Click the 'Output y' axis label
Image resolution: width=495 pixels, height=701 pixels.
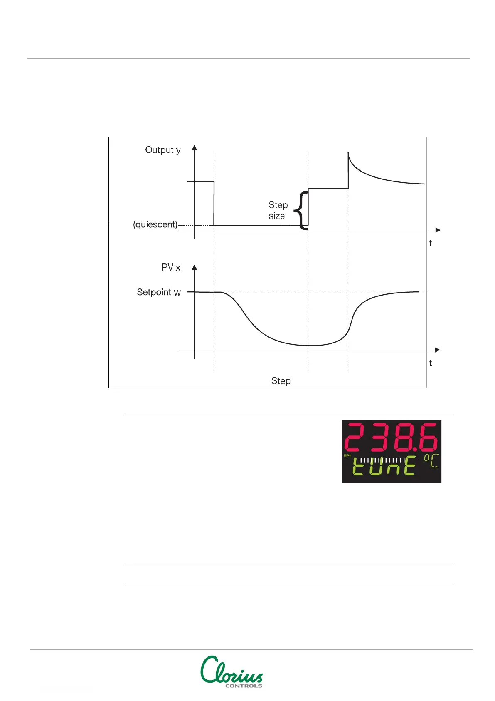pos(163,150)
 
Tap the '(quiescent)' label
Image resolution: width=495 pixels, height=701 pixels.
pos(155,225)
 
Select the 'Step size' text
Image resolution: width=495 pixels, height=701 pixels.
pos(278,210)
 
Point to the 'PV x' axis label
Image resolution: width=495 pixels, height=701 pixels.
pos(170,267)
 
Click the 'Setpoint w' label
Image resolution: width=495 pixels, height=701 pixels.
pos(159,292)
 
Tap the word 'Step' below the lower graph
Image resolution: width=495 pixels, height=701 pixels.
pos(281,381)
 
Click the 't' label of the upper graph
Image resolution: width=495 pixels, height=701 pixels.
pos(430,244)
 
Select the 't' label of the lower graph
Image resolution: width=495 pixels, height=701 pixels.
pos(430,363)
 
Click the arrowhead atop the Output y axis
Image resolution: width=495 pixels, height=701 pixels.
pos(195,147)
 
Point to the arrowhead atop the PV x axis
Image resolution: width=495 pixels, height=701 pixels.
pos(195,267)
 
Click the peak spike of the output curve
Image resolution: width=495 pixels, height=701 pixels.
pos(348,154)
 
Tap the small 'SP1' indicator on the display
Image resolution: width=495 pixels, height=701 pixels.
pos(347,456)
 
